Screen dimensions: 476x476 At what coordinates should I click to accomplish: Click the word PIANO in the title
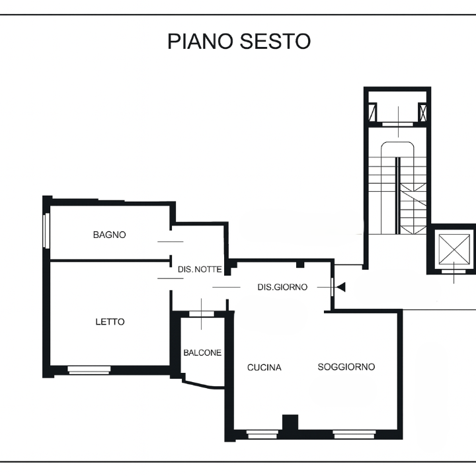pyautogui.click(x=198, y=41)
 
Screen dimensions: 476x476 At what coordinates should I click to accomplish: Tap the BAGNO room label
pyautogui.click(x=109, y=235)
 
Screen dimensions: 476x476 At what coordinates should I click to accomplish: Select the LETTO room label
pyautogui.click(x=110, y=322)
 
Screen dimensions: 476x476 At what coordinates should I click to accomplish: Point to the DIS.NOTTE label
pyautogui.click(x=200, y=269)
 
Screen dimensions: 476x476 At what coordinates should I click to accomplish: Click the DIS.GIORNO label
pyautogui.click(x=282, y=287)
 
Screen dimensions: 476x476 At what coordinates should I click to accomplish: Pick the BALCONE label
pyautogui.click(x=202, y=353)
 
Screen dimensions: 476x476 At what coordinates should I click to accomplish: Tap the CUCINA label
pyautogui.click(x=264, y=368)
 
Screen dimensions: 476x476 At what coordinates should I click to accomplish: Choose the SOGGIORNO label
pyautogui.click(x=346, y=367)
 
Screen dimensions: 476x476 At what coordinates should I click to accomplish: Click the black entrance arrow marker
pyautogui.click(x=341, y=287)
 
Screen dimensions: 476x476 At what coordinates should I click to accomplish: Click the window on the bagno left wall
pyautogui.click(x=46, y=230)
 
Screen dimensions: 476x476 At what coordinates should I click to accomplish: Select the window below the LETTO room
pyautogui.click(x=89, y=370)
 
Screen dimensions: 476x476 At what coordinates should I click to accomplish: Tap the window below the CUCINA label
pyautogui.click(x=262, y=435)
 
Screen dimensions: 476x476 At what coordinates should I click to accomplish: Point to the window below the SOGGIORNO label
pyautogui.click(x=354, y=435)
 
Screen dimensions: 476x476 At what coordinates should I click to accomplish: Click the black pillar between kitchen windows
pyautogui.click(x=290, y=423)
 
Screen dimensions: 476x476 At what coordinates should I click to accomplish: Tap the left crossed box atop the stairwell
pyautogui.click(x=374, y=113)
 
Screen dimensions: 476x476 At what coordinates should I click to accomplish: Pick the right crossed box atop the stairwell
pyautogui.click(x=422, y=113)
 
